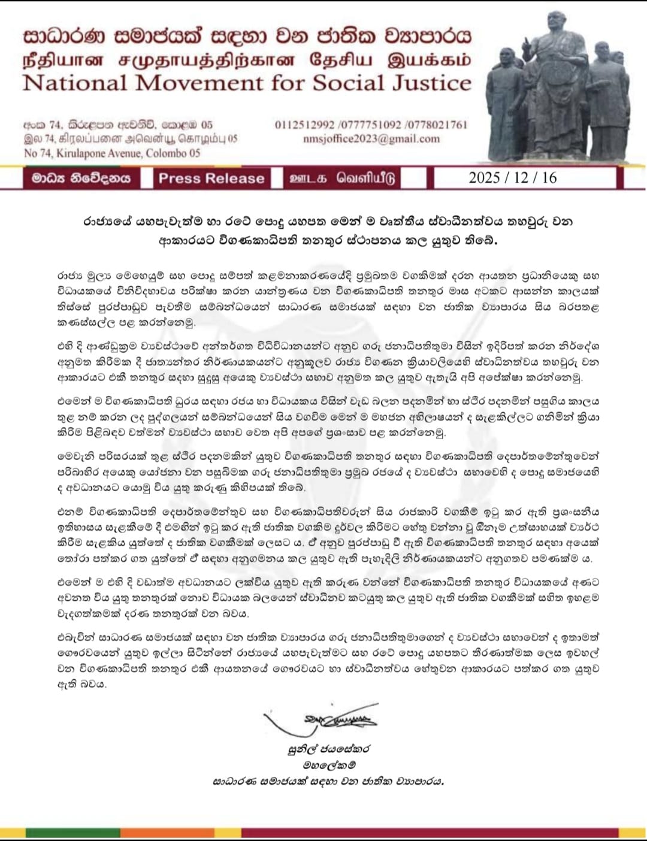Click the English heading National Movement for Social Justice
pyautogui.click(x=247, y=83)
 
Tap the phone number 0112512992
pyautogui.click(x=304, y=125)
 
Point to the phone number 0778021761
pyautogui.click(x=436, y=125)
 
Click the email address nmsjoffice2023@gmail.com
pyautogui.click(x=371, y=139)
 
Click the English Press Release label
pyautogui.click(x=211, y=179)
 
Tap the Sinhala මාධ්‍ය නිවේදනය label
pyautogui.click(x=81, y=179)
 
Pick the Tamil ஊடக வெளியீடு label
pyautogui.click(x=342, y=179)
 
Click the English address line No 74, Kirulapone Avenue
pyautogui.click(x=112, y=153)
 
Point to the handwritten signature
pyautogui.click(x=326, y=719)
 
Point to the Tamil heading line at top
pyautogui.click(x=247, y=60)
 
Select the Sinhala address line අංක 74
pyautogui.click(x=118, y=125)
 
